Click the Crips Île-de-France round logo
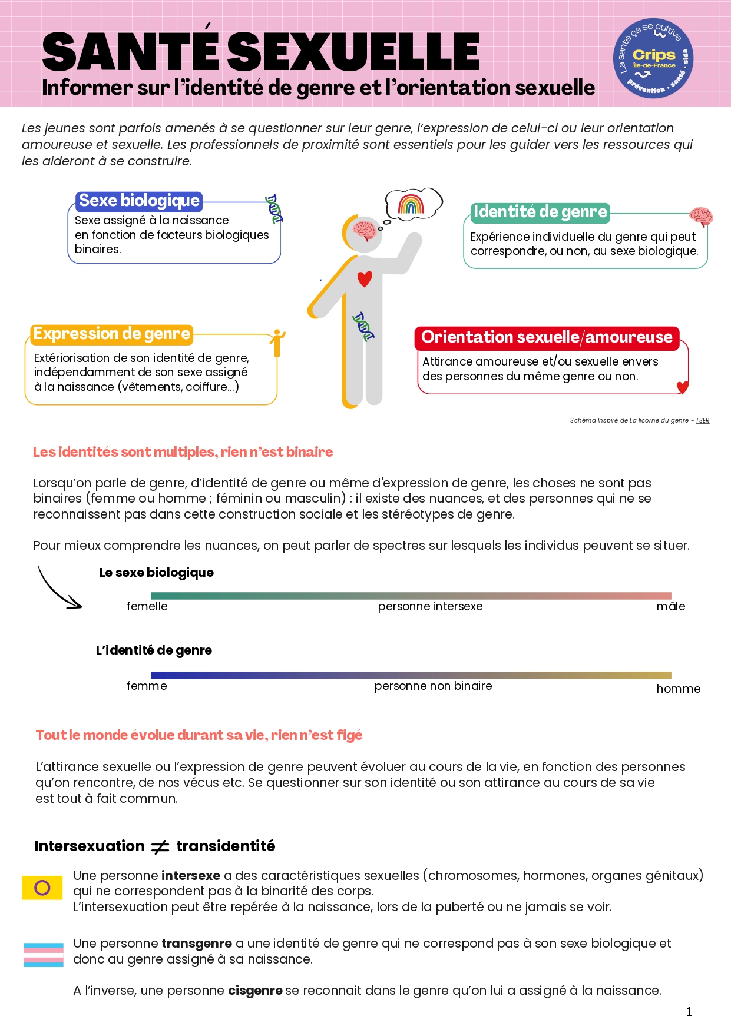(653, 58)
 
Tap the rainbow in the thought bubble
(411, 204)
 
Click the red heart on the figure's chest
(365, 278)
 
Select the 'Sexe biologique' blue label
(139, 201)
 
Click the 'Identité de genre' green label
(540, 212)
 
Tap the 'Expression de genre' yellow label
(111, 334)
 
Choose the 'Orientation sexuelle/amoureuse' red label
(546, 337)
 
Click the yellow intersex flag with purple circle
(42, 887)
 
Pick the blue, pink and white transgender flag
(43, 955)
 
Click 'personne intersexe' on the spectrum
(430, 607)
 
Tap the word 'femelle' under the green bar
(147, 607)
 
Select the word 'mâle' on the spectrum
(670, 607)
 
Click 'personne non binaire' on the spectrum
(433, 686)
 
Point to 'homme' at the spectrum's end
(678, 689)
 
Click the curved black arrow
(59, 589)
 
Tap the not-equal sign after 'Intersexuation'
(160, 847)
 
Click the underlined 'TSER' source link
(702, 421)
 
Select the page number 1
(689, 1012)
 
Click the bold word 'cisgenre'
(255, 991)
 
